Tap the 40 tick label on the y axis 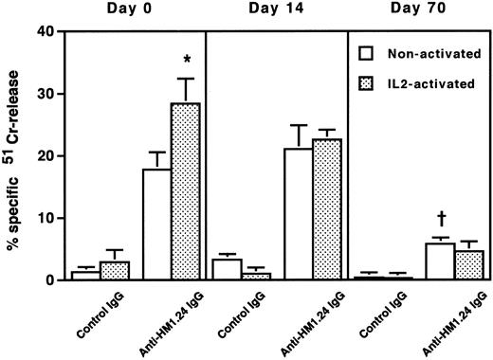(45, 31)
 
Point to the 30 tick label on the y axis (45, 94)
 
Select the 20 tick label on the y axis (45, 156)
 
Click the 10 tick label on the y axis (45, 218)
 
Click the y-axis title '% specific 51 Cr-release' (13, 156)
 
